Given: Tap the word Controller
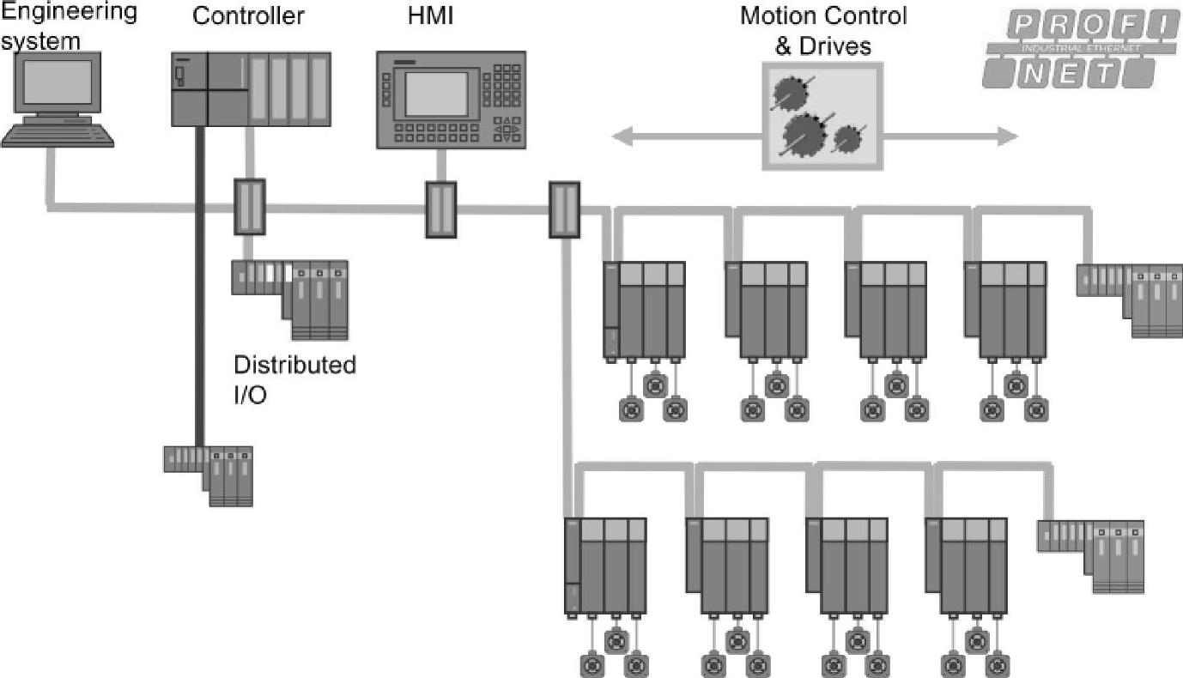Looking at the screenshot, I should pos(249,15).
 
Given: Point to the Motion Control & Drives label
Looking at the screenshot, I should pos(822,30).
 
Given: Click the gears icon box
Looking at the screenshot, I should pos(822,118).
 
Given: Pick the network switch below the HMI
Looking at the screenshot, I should pos(441,209).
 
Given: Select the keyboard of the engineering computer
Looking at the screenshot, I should pos(58,136).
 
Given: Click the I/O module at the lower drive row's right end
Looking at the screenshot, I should pos(1093,554).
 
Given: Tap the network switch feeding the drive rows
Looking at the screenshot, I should pos(564,209).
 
